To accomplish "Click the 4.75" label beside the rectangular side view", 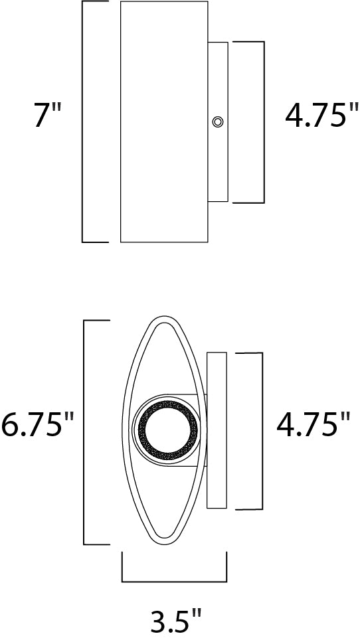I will coord(317,118).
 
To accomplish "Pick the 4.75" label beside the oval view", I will coord(312,425).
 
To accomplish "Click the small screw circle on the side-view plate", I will coord(217,121).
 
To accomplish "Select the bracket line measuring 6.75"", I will coord(84,432).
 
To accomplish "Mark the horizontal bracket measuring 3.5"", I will coord(175,580).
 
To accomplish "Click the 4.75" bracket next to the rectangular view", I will coord(263,121).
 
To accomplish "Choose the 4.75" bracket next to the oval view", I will coord(261,431).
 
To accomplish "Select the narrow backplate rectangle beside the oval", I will coord(217,431).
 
